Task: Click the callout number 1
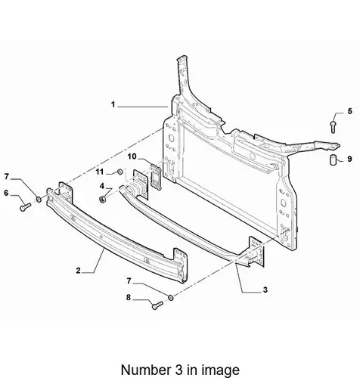pos(113,104)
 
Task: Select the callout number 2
pos(78,271)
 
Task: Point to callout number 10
pos(132,156)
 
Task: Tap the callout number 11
pos(100,172)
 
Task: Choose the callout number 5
pos(349,111)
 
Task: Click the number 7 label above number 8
pos(129,280)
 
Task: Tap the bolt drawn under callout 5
pos(333,127)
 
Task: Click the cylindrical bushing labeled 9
pos(333,160)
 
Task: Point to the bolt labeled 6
pos(25,207)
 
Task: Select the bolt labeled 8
pos(157,305)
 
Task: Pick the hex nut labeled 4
pos(103,200)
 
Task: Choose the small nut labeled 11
pos(120,172)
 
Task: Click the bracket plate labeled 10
pos(156,176)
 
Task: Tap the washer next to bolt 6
pos(39,200)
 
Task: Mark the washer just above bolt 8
pos(171,297)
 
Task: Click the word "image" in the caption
pos(218,370)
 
